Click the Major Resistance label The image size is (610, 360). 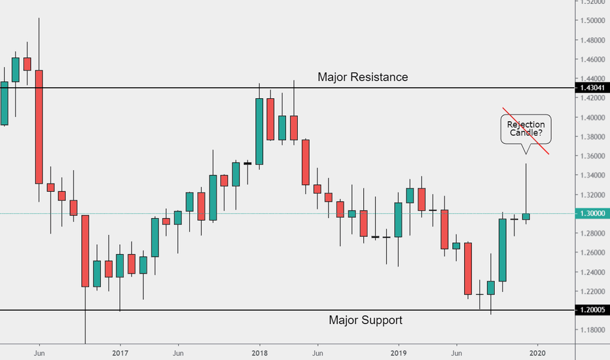coord(363,77)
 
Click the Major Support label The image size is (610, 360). coord(365,320)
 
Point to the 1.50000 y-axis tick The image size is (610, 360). coord(592,21)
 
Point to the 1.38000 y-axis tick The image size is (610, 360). coord(592,137)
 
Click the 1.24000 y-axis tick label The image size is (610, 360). coord(592,272)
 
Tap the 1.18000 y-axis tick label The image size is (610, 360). coord(592,330)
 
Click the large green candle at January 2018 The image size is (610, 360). coord(259,131)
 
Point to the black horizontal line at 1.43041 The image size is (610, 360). coord(164,88)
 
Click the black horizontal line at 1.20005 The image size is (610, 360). coord(196,310)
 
